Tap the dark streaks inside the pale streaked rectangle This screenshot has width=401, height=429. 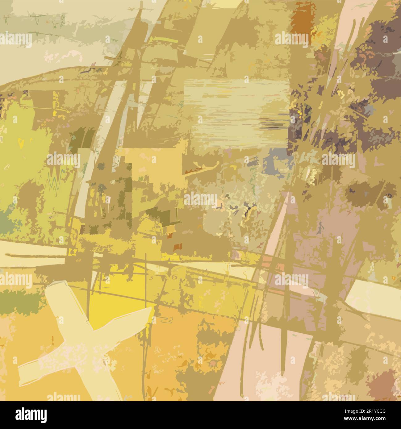coord(272,125)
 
